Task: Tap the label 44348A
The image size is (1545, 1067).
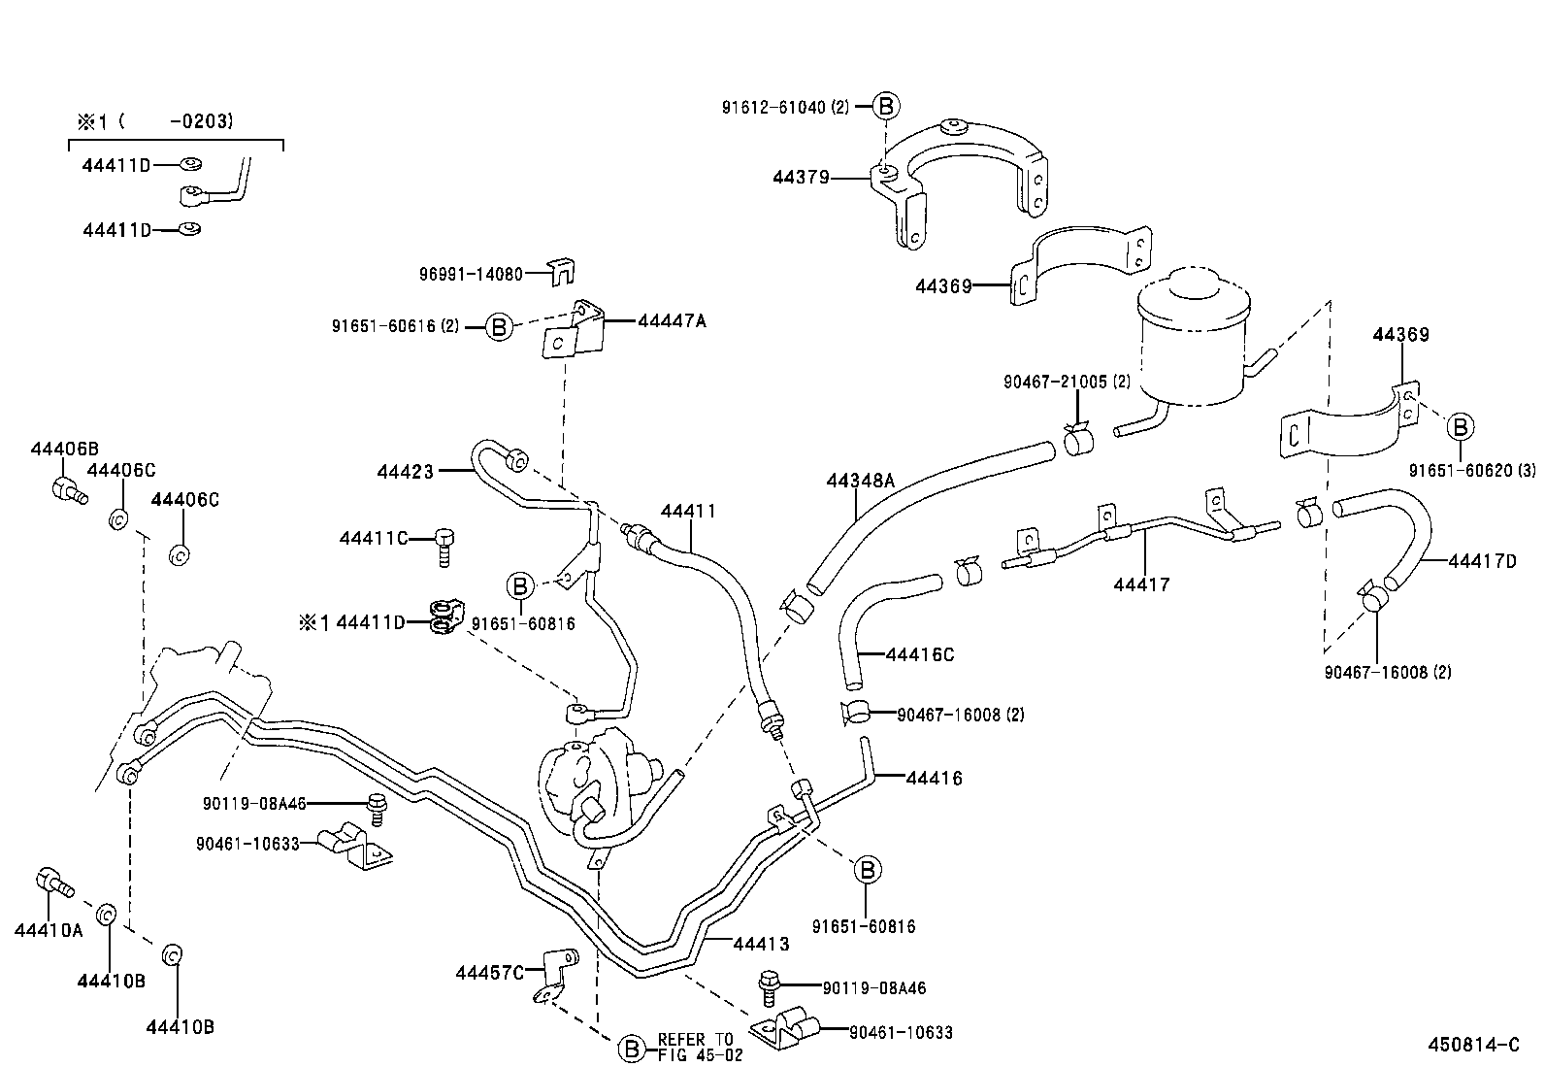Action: pos(860,481)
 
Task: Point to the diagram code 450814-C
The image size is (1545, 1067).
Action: pos(1473,1045)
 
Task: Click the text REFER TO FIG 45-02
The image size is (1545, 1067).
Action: pos(695,1047)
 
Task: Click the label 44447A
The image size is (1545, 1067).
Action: pos(672,320)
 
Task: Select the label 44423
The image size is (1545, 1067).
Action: pos(405,473)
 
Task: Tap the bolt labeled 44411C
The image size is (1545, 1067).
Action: pos(445,546)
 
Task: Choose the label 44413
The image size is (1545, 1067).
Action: pos(761,944)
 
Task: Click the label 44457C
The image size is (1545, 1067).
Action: pos(489,972)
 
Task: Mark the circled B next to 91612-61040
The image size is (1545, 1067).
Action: pos(886,107)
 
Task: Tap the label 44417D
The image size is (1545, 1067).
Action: pos(1482,561)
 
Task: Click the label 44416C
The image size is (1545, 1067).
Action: pos(919,654)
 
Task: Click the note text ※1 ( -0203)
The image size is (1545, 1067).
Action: pos(155,121)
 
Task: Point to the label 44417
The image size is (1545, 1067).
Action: pos(1141,584)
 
